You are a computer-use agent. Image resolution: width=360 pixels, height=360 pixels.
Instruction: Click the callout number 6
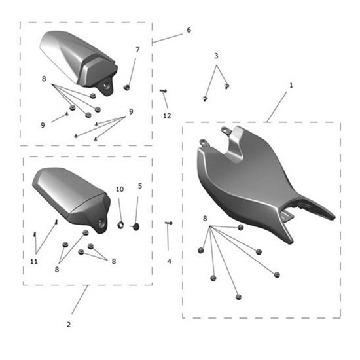tap(189, 30)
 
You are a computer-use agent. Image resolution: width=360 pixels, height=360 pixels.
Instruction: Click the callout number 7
tap(137, 50)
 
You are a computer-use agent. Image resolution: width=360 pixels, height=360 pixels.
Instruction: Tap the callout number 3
tap(216, 56)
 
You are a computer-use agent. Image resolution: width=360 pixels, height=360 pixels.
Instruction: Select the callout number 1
tap(291, 86)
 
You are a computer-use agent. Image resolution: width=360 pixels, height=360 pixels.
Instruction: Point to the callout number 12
tap(167, 116)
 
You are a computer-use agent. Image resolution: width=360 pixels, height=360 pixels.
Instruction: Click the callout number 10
tap(120, 189)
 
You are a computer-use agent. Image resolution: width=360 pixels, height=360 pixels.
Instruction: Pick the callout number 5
tap(140, 186)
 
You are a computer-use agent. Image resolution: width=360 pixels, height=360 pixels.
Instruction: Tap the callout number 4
tap(170, 261)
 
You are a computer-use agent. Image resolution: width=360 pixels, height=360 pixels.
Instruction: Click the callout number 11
tap(34, 262)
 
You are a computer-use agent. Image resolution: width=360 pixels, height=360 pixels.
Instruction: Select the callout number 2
tap(69, 325)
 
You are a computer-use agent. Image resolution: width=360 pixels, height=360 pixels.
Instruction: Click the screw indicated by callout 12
tap(163, 91)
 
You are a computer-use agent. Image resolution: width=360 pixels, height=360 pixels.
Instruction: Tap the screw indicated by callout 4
tap(169, 223)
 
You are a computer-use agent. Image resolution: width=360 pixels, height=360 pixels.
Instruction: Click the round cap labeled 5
tap(136, 226)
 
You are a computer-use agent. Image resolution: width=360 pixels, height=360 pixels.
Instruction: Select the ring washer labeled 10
tap(120, 225)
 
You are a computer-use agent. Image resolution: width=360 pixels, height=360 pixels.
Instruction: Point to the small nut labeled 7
tap(126, 88)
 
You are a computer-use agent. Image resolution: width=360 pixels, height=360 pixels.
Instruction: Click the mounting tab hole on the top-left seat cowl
tap(105, 86)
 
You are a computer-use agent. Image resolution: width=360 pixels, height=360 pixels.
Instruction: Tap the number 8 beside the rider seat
tap(205, 219)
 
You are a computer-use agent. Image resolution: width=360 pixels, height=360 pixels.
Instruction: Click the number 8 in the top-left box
tap(44, 79)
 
